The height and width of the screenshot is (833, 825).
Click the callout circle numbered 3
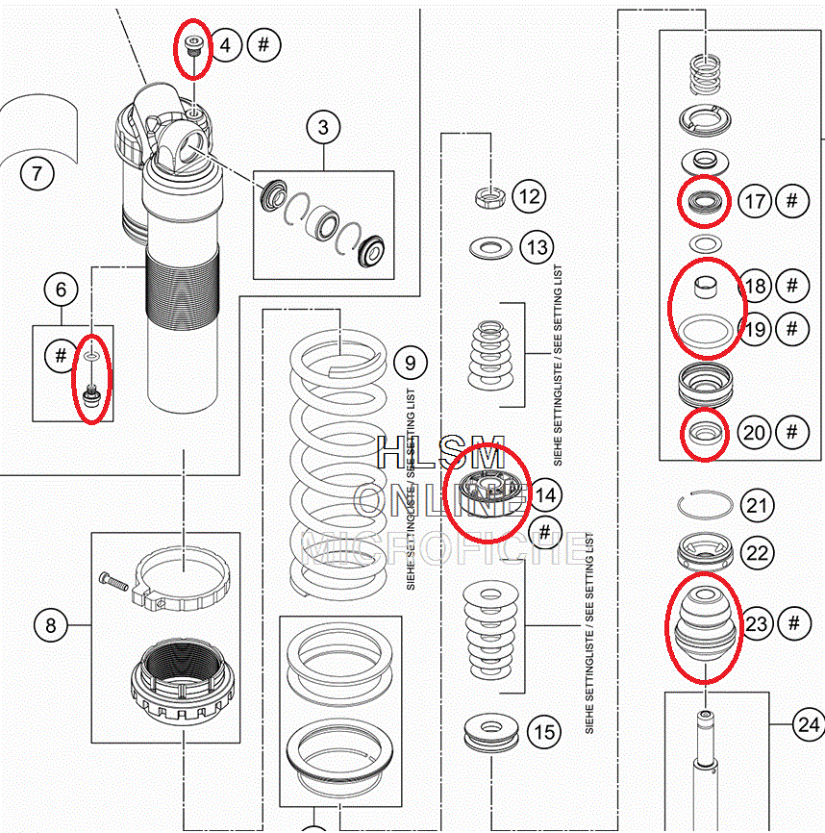click(x=323, y=127)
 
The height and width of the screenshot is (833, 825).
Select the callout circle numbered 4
click(x=225, y=45)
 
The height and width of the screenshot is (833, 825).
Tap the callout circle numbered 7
click(x=37, y=174)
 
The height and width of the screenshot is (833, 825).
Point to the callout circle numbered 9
click(x=410, y=363)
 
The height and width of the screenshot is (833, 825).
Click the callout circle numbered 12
click(x=528, y=197)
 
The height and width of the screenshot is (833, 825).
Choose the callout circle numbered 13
click(x=537, y=247)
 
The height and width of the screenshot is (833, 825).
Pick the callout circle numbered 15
click(x=544, y=732)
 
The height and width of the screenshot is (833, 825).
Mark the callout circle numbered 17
click(x=756, y=201)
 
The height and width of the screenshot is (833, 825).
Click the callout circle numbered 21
click(x=758, y=505)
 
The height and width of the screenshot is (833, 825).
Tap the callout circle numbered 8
click(x=51, y=626)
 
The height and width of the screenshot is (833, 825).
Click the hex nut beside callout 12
click(x=490, y=198)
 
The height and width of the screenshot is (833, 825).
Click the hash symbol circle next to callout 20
click(x=792, y=432)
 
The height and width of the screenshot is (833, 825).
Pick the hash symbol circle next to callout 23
click(x=794, y=623)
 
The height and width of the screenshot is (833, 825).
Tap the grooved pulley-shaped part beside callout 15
click(x=490, y=732)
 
